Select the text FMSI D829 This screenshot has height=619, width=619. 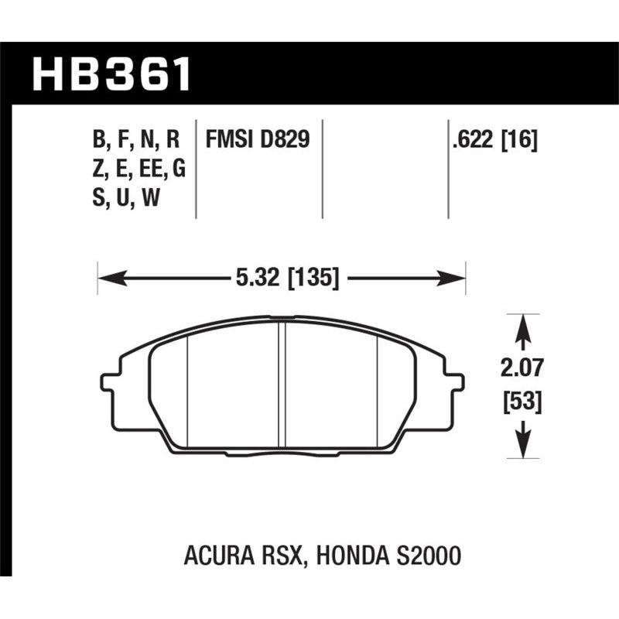(257, 140)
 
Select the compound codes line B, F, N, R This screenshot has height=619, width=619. (136, 140)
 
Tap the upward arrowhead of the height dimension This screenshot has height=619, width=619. (524, 323)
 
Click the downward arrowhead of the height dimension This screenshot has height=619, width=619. (524, 447)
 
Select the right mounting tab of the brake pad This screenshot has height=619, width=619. (457, 381)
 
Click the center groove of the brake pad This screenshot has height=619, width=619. (282, 383)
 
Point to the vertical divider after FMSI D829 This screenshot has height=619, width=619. (320, 166)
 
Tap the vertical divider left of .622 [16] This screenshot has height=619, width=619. (448, 166)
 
